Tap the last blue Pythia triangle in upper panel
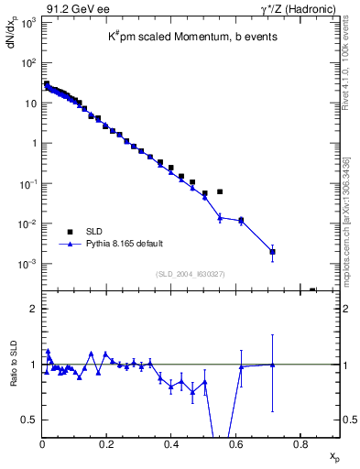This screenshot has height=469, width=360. pyautogui.click(x=272, y=251)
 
